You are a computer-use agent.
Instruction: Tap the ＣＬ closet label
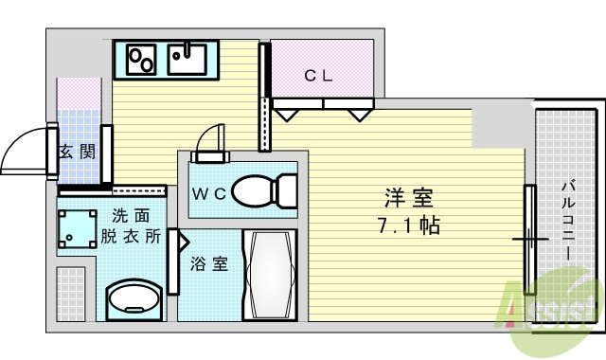tap(318, 77)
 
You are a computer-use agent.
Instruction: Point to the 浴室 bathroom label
tap(209, 264)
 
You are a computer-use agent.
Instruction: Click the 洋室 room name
tap(409, 199)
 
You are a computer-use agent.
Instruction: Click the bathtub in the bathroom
tap(270, 276)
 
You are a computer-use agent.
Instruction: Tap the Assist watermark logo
tap(553, 308)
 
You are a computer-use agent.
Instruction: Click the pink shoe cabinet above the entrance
tap(78, 95)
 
